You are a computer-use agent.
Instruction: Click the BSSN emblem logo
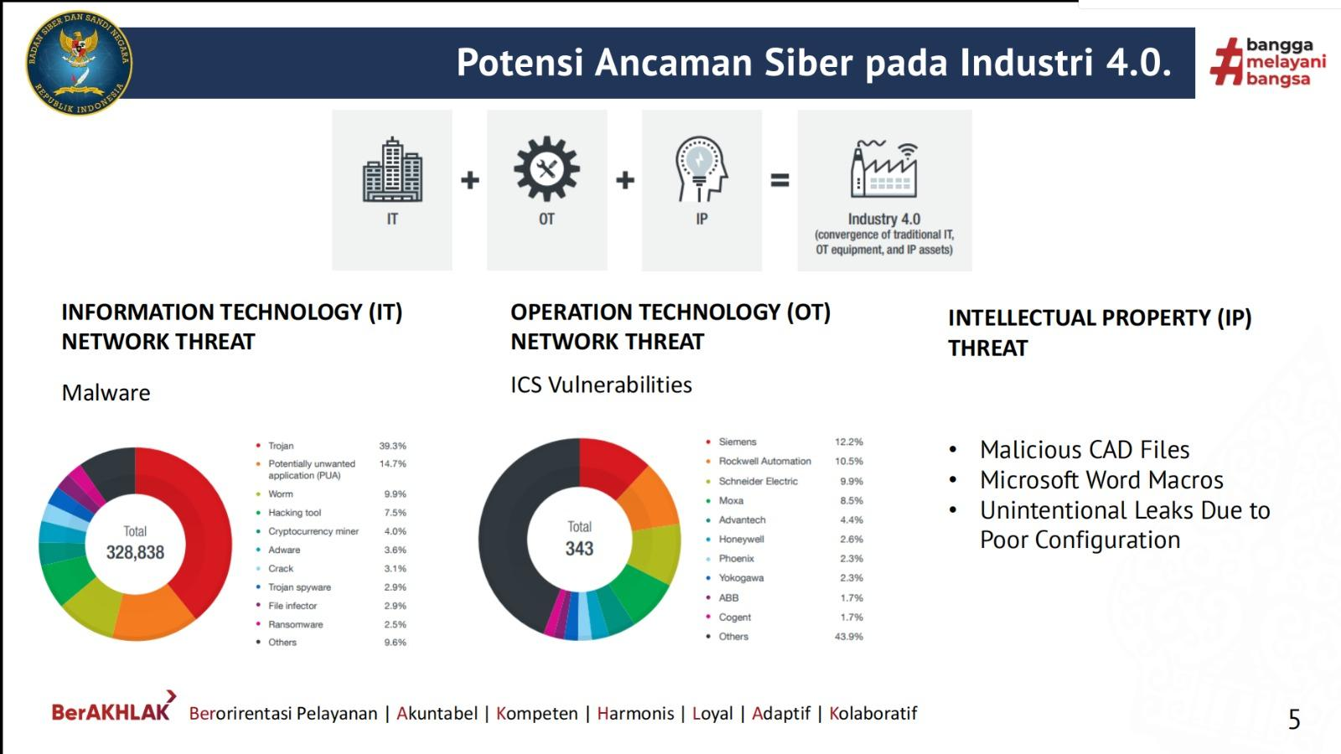tap(79, 63)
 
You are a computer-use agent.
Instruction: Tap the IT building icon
tap(392, 169)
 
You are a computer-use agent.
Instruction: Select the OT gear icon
tap(546, 168)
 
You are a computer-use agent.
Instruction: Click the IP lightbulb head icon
tap(701, 169)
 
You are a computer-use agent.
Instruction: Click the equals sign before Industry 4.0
tap(779, 179)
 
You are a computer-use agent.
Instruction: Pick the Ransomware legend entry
tap(290, 624)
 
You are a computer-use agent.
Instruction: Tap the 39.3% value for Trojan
tap(393, 446)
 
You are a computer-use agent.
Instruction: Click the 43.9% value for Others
tap(849, 637)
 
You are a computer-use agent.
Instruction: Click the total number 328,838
tap(135, 552)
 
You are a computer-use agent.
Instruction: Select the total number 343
tap(579, 548)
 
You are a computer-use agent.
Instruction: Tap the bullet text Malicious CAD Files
tap(1085, 449)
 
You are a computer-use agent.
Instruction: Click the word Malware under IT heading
tap(106, 393)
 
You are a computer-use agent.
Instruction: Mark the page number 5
tap(1294, 720)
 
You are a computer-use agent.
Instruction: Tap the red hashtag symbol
tap(1226, 61)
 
